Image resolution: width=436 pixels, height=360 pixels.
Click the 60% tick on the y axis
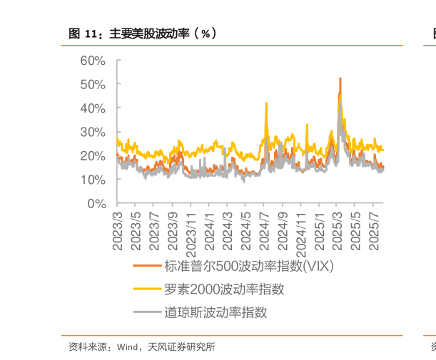click(x=93, y=61)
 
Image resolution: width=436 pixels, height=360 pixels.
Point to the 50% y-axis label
click(x=93, y=84)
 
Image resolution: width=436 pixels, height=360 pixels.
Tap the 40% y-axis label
click(x=93, y=108)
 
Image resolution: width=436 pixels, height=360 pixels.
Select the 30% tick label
click(x=93, y=132)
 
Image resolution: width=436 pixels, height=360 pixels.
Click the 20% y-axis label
click(x=93, y=156)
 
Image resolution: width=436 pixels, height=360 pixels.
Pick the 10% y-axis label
click(x=93, y=180)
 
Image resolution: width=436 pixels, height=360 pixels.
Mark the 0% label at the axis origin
click(x=97, y=204)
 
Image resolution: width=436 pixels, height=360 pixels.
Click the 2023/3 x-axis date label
click(x=117, y=227)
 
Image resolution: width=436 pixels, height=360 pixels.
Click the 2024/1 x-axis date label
click(x=209, y=227)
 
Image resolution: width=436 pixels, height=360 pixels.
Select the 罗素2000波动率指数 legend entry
click(x=224, y=289)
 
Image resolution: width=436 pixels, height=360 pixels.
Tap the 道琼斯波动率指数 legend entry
click(x=216, y=312)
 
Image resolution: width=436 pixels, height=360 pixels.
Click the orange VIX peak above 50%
click(x=340, y=78)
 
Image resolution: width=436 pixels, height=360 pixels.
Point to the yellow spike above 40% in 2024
click(x=266, y=103)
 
